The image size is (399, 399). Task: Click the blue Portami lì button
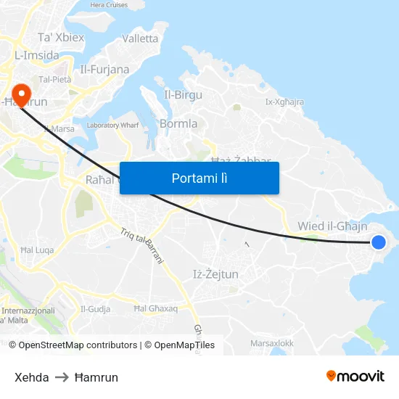point(199,178)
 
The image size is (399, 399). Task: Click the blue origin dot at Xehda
point(378,242)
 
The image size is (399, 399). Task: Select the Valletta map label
point(140,38)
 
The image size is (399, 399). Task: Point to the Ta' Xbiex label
point(61,38)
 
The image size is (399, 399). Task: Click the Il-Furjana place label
point(104,70)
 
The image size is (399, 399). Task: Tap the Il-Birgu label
point(183,94)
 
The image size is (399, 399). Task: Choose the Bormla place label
point(178,123)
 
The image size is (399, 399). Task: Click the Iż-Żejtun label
point(215,273)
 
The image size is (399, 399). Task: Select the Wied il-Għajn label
point(332,226)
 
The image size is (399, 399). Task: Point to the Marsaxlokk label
point(271,342)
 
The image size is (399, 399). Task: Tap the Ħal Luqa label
point(37,250)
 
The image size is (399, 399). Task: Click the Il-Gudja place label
point(96,308)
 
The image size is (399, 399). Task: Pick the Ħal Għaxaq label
point(155,308)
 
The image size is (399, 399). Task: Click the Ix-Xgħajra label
point(284,102)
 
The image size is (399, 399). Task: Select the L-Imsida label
point(36,55)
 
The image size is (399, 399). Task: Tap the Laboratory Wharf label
point(112,125)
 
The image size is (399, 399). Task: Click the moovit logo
point(355,376)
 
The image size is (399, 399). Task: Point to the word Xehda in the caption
point(32,377)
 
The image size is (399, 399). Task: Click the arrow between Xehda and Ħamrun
point(62,377)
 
